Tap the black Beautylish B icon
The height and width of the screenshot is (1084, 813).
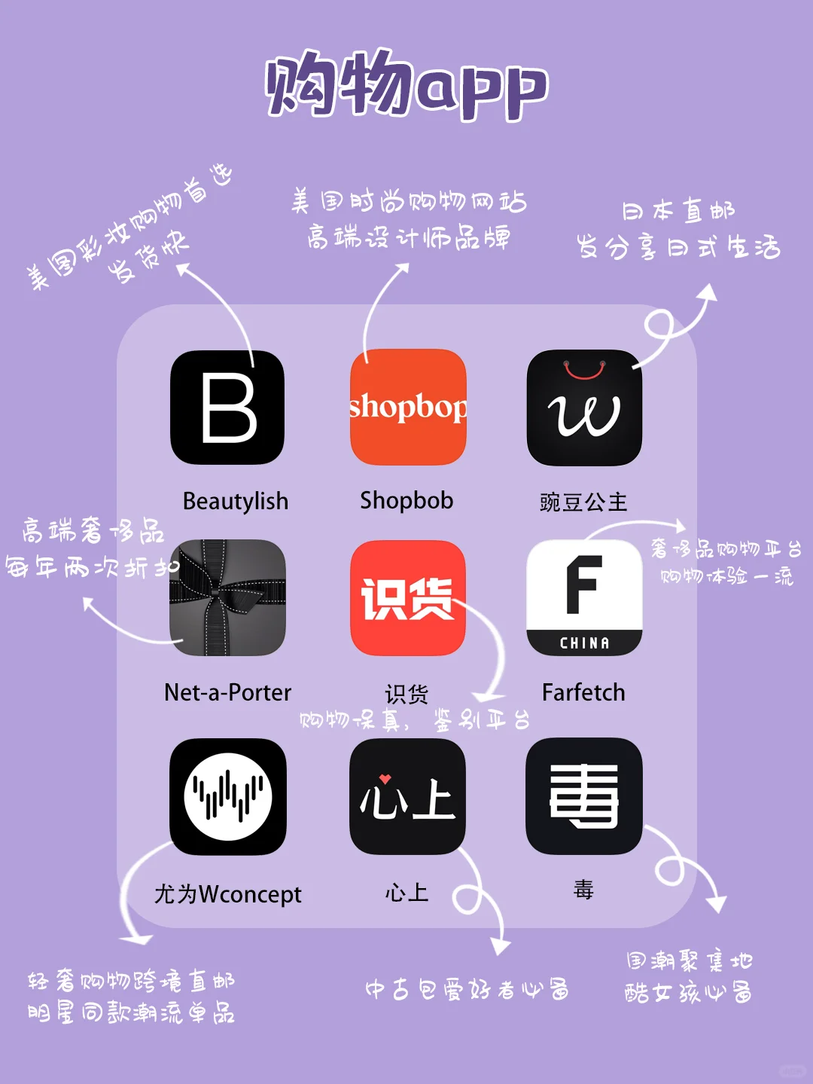point(227,408)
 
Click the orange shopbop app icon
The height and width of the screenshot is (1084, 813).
point(408,408)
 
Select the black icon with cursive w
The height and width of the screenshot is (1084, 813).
point(584,408)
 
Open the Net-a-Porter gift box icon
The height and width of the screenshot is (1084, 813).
point(227,597)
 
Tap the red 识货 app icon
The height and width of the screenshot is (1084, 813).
point(408,597)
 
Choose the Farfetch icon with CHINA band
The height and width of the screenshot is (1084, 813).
point(584,597)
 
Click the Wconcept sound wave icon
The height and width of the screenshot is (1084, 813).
point(227,796)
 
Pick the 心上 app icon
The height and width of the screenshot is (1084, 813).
point(408,796)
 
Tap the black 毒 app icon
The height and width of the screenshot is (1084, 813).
point(584,796)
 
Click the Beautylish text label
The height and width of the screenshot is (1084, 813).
point(236,501)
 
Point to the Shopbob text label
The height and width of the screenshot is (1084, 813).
point(406,500)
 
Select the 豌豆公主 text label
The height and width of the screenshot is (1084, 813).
point(583,502)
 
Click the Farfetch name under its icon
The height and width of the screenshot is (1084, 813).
point(583,692)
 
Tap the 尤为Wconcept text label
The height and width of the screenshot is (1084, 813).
point(227,894)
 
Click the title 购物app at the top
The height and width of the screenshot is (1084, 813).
point(406,85)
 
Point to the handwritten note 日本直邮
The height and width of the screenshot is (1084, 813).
point(678,211)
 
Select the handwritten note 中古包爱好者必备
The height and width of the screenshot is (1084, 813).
point(467,988)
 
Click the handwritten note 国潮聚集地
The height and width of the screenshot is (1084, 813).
point(689,960)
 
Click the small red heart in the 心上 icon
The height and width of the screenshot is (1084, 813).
point(385,779)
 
